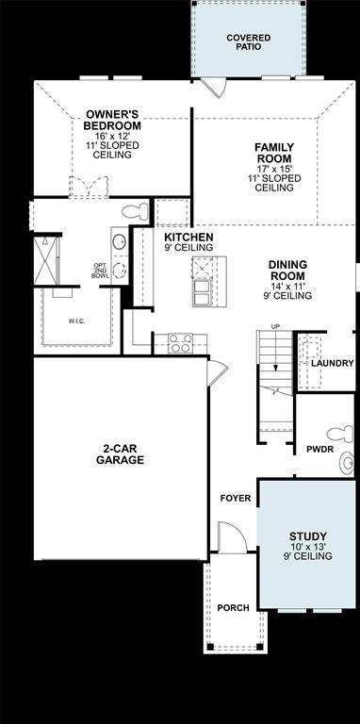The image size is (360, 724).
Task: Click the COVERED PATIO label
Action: pyautogui.click(x=248, y=41)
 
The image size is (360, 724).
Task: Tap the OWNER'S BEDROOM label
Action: pyautogui.click(x=113, y=119)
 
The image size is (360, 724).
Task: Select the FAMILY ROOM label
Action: pyautogui.click(x=274, y=153)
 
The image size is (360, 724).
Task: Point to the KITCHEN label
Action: pyautogui.click(x=188, y=237)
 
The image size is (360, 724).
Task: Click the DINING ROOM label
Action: pyautogui.click(x=287, y=271)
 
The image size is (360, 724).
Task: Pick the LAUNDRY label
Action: pyautogui.click(x=333, y=363)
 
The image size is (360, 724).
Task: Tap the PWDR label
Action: pyautogui.click(x=319, y=449)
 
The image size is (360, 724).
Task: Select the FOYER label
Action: pyautogui.click(x=236, y=497)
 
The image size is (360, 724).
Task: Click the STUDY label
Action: pyautogui.click(x=308, y=537)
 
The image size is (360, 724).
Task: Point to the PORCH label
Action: pyautogui.click(x=232, y=608)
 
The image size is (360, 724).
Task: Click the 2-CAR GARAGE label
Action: pyautogui.click(x=120, y=454)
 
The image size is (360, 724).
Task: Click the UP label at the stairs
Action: pyautogui.click(x=275, y=327)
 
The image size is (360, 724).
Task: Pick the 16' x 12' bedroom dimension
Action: pyautogui.click(x=113, y=137)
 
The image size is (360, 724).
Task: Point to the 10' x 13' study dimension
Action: pyautogui.click(x=308, y=548)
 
